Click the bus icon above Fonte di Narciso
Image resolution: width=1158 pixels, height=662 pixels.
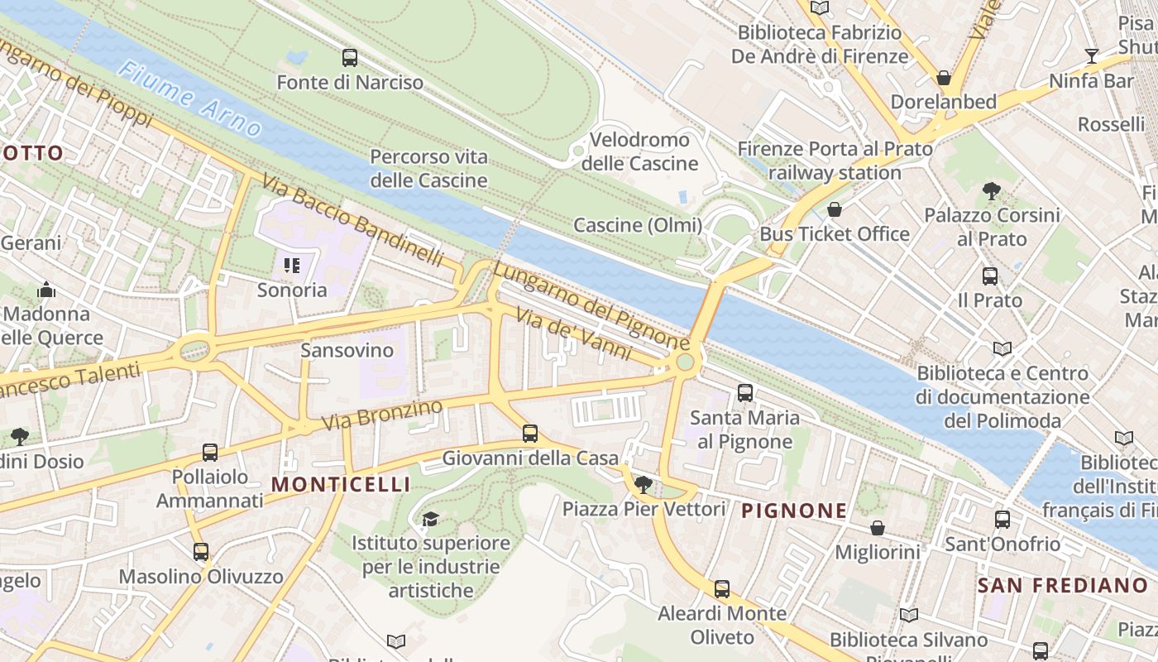click(x=350, y=58)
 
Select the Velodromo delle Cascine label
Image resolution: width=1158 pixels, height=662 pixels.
click(x=639, y=151)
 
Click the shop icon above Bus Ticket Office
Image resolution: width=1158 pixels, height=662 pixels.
click(x=835, y=209)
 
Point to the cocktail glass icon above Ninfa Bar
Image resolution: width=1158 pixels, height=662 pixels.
click(x=1092, y=56)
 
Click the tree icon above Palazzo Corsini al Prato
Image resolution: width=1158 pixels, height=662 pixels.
click(x=992, y=191)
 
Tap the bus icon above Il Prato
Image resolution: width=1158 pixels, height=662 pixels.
click(x=990, y=276)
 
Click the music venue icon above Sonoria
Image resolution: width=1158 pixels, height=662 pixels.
click(x=291, y=266)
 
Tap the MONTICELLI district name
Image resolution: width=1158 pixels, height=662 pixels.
click(x=341, y=484)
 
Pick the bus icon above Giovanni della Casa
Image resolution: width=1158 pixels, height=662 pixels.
click(x=530, y=433)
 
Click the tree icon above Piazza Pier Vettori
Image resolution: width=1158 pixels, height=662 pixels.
click(x=643, y=484)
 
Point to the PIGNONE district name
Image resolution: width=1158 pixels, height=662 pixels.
click(x=794, y=511)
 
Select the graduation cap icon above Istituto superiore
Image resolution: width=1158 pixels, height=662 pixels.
click(x=430, y=519)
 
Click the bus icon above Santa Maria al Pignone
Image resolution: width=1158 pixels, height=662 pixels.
click(x=745, y=393)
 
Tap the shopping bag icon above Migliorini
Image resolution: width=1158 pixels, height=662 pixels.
click(x=878, y=527)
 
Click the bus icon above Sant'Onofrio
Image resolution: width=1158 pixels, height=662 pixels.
click(x=1002, y=520)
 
